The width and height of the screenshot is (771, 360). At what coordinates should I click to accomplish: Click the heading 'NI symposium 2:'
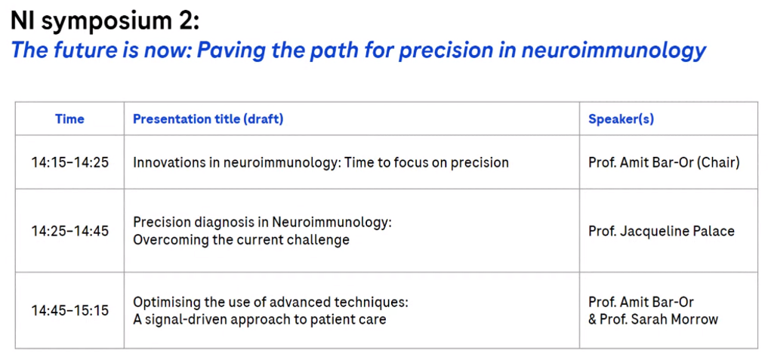tap(105, 22)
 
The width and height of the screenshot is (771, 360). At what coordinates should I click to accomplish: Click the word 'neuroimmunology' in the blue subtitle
tap(614, 50)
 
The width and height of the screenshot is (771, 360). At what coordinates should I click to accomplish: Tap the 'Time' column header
tap(69, 118)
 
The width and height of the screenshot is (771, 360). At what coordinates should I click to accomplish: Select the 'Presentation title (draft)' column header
tap(208, 118)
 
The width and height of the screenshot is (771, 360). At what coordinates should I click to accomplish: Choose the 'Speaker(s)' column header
tap(621, 118)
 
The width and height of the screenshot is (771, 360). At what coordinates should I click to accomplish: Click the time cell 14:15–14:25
tap(69, 162)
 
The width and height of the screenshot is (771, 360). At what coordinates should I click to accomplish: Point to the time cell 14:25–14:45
tap(69, 230)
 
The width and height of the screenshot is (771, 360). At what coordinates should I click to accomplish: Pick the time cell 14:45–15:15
tap(69, 310)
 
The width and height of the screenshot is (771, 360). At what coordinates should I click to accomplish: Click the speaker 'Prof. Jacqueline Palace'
tap(662, 231)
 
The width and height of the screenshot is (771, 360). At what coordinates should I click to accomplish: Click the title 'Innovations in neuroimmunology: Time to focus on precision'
tap(321, 162)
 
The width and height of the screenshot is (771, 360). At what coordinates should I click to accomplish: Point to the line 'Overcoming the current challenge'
tap(241, 240)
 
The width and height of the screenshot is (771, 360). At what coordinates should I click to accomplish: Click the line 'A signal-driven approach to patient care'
tap(260, 319)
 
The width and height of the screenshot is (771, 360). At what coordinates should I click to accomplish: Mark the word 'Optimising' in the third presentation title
tap(163, 302)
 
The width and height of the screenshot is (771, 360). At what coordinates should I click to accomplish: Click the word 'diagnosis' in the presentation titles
tap(221, 223)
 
